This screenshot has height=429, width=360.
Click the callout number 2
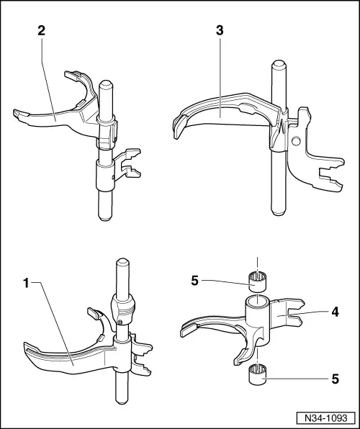pos(41,31)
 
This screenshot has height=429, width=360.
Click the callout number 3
pos(220,31)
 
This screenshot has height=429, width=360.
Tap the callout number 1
pos(27,283)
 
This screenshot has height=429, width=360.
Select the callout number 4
pos(335,312)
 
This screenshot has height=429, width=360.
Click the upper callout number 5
pos(194,281)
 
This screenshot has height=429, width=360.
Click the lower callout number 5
pos(335,379)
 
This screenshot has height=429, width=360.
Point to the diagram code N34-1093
pos(325,417)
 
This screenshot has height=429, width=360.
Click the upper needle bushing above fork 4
pos(257,282)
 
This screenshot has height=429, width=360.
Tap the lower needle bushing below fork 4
pos(257,374)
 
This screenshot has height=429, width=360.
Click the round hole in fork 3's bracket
pos(296,141)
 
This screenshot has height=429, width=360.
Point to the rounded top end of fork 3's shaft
pos(279,63)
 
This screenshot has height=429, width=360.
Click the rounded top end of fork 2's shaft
pos(106,83)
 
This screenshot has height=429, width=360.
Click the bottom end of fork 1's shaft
pos(122,399)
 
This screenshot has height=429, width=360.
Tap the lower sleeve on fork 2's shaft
pos(105,176)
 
